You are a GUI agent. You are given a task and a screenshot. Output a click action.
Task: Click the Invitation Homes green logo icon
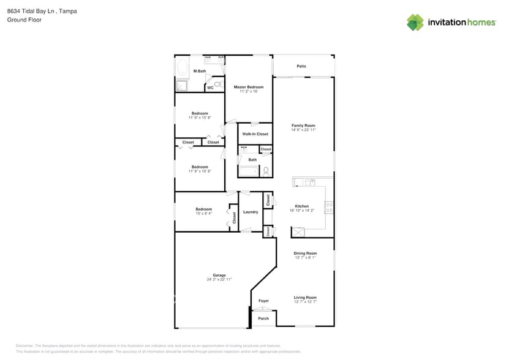pyautogui.click(x=415, y=23)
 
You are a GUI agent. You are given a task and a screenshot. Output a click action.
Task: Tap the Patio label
pyautogui.click(x=301, y=66)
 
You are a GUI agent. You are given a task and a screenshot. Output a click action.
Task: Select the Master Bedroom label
pyautogui.click(x=249, y=87)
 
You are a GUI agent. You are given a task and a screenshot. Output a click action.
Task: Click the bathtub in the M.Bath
pyautogui.click(x=183, y=67)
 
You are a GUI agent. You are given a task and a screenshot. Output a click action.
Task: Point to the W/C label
pyautogui.click(x=210, y=88)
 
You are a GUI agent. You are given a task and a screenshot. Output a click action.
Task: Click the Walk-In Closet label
pyautogui.click(x=255, y=133)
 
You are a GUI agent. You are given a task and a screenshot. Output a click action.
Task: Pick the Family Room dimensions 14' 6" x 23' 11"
pyautogui.click(x=303, y=130)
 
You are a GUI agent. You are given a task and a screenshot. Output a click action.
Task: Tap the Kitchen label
pyautogui.click(x=302, y=206)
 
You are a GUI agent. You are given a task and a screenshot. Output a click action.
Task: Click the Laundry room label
pyautogui.click(x=251, y=212)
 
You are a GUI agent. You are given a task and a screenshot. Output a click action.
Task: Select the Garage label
pyautogui.click(x=219, y=275)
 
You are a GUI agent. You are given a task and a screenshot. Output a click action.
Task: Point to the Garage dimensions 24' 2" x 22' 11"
pyautogui.click(x=219, y=279)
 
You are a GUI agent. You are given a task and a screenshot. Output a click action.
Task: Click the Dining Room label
pyautogui.click(x=305, y=253)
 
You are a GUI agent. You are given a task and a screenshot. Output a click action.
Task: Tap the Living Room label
pyautogui.click(x=305, y=298)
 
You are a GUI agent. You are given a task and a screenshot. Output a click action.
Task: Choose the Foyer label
pyautogui.click(x=263, y=301)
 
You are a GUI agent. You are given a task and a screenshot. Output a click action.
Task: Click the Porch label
pyautogui.click(x=263, y=318)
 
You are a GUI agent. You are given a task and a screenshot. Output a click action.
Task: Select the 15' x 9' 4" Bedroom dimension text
pyautogui.click(x=204, y=213)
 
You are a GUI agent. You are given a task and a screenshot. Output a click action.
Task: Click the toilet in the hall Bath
pyautogui.click(x=266, y=171)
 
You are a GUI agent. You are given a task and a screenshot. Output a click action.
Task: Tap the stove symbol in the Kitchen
pyautogui.click(x=329, y=207)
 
